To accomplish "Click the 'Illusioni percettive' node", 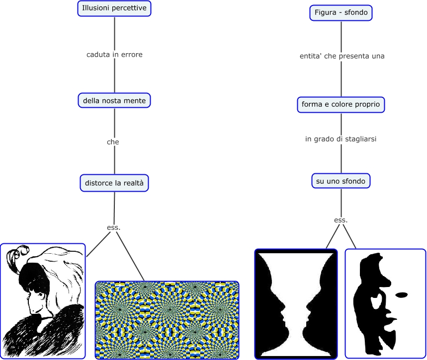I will (114, 8).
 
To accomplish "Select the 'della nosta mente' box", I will (114, 100).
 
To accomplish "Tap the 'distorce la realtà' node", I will (114, 183).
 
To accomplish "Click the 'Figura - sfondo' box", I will (341, 12).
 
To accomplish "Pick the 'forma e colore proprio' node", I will (341, 104).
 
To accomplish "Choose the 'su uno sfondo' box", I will (341, 181).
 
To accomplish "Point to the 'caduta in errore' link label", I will (114, 55).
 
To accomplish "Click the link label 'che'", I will (113, 142).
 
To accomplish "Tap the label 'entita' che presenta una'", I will (342, 56).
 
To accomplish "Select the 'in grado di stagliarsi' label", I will (341, 139).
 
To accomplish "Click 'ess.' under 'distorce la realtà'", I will (114, 227).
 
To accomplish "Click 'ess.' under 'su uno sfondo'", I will (341, 220).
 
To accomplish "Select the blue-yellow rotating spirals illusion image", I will (167, 320).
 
